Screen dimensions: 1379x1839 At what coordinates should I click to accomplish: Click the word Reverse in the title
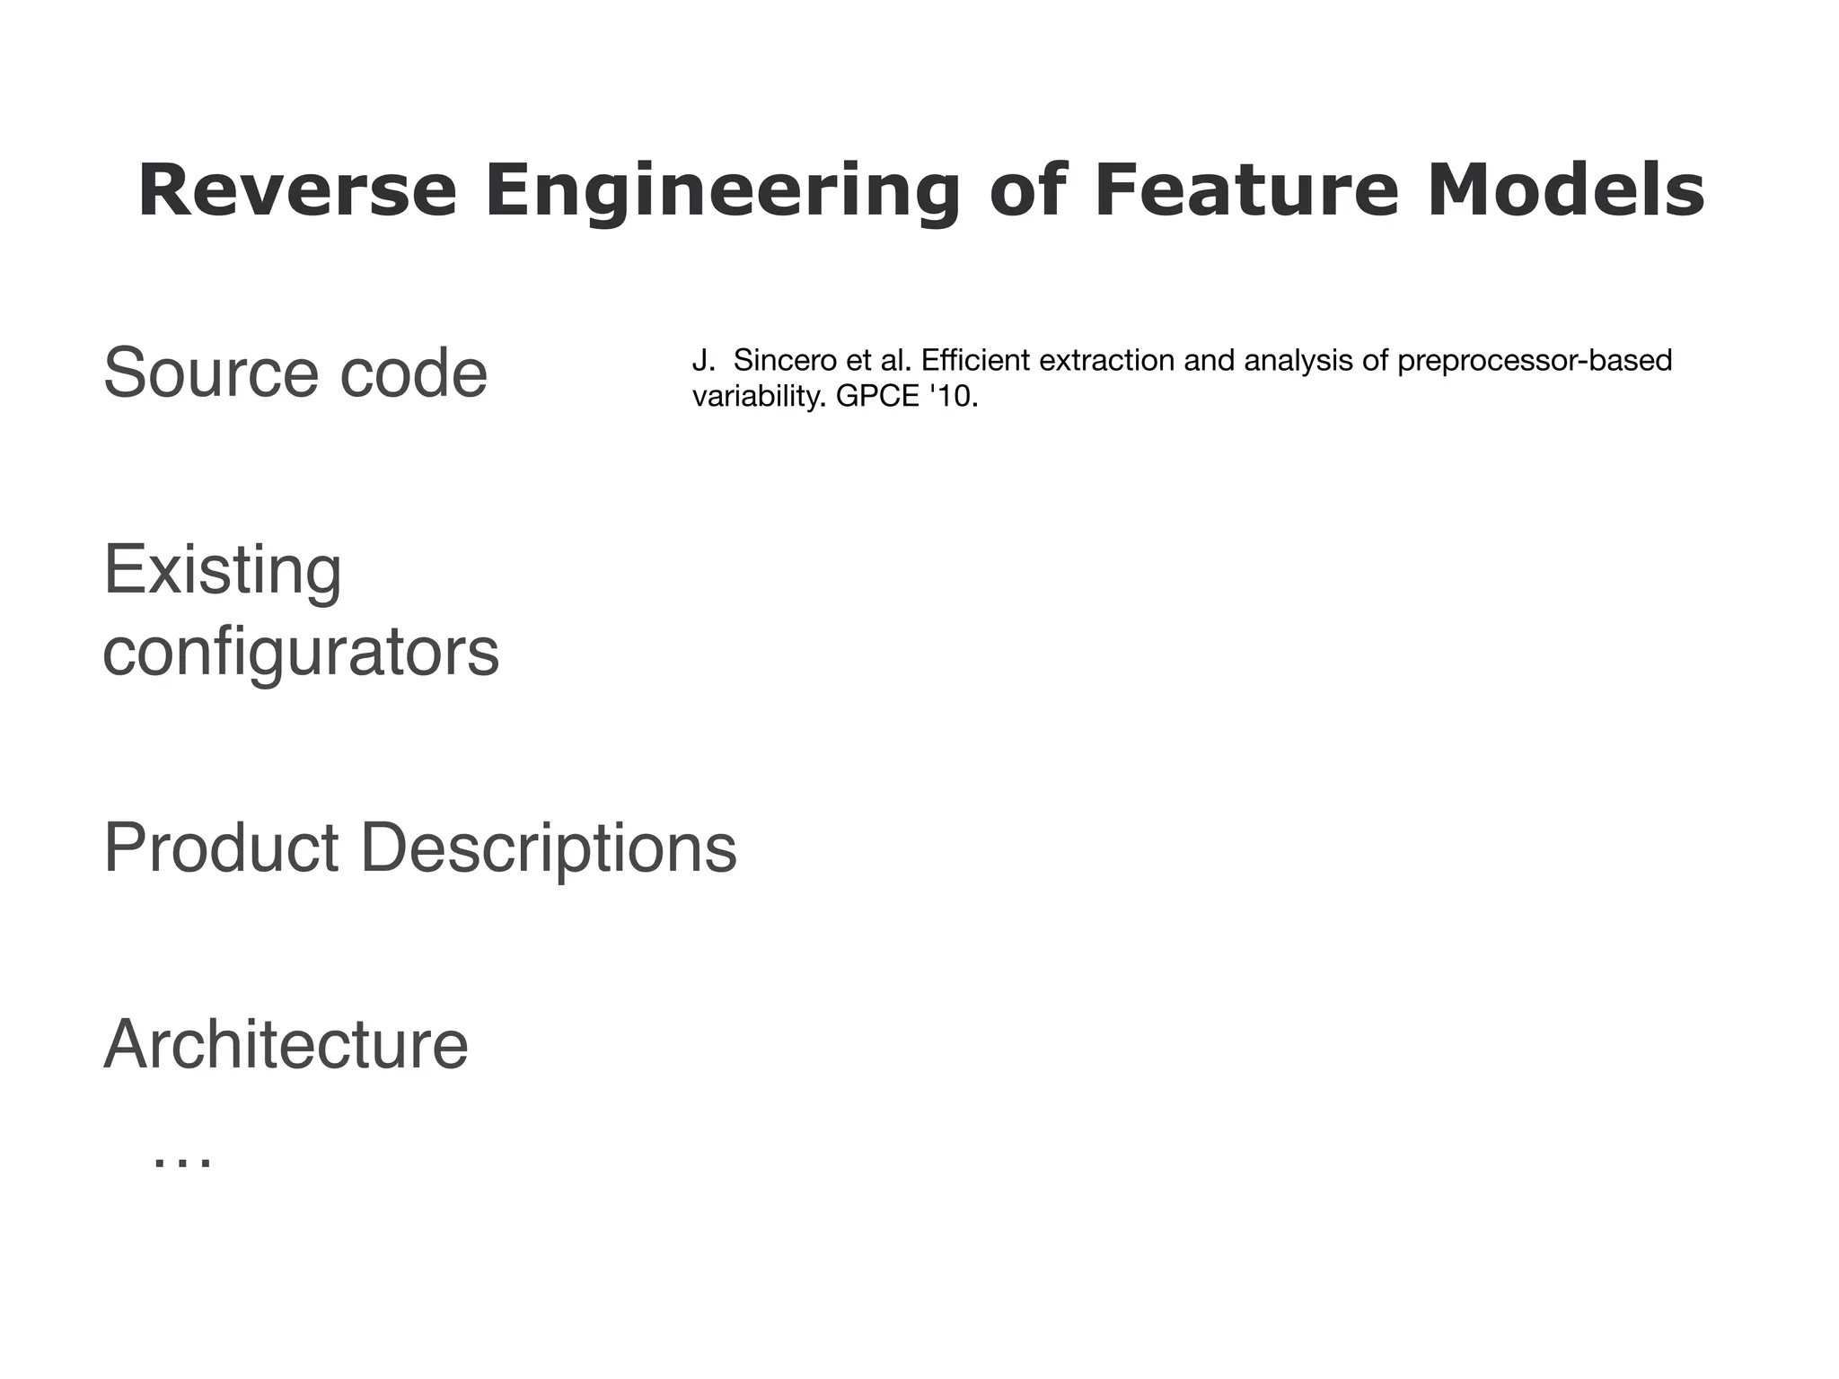(297, 191)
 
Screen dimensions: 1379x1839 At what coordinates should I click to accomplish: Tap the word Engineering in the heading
(722, 191)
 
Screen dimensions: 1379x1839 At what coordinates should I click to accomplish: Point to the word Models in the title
(1565, 191)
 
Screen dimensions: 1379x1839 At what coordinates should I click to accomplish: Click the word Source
(210, 373)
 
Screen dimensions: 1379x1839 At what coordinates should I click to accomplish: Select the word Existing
(223, 571)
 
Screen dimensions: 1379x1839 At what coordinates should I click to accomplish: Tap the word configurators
(301, 653)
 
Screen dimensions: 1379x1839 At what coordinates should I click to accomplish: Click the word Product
(221, 848)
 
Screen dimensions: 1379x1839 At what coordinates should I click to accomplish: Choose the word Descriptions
(549, 848)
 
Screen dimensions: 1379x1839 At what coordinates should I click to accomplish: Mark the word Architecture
(286, 1045)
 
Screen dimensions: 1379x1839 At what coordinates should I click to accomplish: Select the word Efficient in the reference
(973, 361)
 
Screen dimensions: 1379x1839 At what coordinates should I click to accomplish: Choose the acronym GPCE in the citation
(877, 396)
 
